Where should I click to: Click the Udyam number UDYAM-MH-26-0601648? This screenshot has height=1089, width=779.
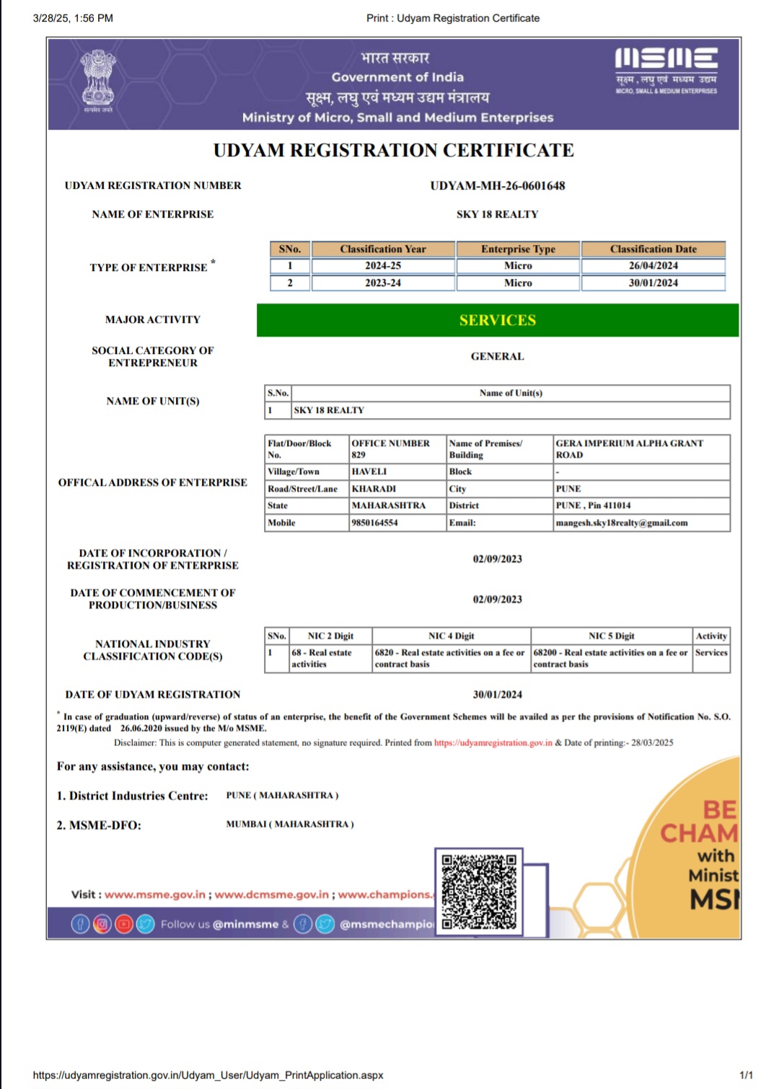(x=498, y=186)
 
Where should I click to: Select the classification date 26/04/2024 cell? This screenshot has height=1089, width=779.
(x=653, y=266)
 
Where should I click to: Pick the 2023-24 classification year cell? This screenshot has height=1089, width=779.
(x=383, y=283)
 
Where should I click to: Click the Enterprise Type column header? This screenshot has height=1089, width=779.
(x=518, y=249)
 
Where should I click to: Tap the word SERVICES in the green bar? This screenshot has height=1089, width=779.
(x=498, y=321)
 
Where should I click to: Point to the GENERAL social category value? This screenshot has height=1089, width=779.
(x=498, y=357)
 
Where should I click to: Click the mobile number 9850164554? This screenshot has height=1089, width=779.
(x=375, y=523)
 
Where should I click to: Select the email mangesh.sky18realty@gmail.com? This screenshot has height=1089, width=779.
(x=622, y=523)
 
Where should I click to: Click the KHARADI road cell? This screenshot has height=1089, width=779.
(x=374, y=489)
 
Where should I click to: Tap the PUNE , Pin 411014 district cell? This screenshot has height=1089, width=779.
(x=593, y=506)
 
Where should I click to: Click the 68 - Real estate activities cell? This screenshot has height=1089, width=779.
(x=322, y=658)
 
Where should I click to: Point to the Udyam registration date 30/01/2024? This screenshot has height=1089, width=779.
(x=498, y=695)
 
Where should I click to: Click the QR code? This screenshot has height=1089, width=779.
(x=479, y=892)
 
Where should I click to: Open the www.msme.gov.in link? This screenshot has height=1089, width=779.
(x=155, y=894)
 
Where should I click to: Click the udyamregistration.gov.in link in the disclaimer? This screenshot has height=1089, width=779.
(x=493, y=743)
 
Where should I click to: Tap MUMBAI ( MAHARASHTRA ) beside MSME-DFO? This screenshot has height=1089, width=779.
(x=290, y=824)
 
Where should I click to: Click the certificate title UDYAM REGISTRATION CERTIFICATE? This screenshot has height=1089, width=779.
(x=394, y=151)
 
